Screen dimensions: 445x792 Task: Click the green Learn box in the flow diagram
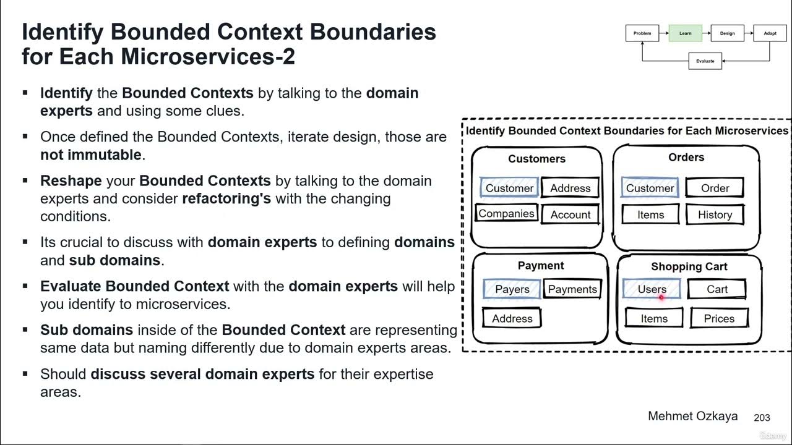pos(685,33)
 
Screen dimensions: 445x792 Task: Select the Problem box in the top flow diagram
pos(642,33)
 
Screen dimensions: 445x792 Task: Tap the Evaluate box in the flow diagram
pos(705,61)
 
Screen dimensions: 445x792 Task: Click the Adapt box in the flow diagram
pos(770,33)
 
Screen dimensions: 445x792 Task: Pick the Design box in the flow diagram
pos(727,33)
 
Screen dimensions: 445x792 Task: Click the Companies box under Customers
pos(506,214)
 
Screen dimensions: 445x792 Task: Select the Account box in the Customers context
pos(570,214)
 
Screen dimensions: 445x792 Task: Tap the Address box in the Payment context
pos(512,318)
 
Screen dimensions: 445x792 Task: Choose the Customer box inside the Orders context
pos(650,188)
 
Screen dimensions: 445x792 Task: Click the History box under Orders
pos(715,214)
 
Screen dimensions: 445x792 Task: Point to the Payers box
pos(512,289)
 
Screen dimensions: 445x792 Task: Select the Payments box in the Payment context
pos(572,289)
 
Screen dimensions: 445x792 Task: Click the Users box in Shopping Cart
pos(652,289)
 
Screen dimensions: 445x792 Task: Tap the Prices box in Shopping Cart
pos(719,318)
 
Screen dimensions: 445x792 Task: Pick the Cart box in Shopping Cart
pos(717,289)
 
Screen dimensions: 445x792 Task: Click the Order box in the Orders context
pos(715,188)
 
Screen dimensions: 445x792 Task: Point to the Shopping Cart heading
pos(689,266)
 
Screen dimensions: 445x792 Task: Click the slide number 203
pos(762,418)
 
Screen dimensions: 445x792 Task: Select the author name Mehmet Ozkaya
pos(692,416)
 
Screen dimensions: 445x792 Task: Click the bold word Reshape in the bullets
pos(71,181)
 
